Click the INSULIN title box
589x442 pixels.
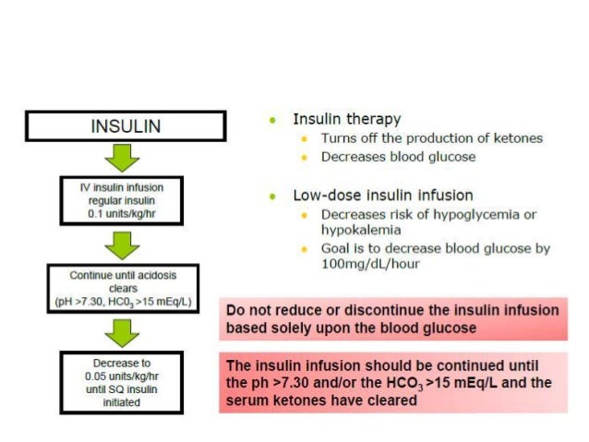(x=126, y=126)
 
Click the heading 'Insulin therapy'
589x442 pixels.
(x=346, y=119)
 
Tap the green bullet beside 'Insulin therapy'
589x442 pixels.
(x=272, y=120)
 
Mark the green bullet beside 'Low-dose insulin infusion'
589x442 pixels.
(x=272, y=197)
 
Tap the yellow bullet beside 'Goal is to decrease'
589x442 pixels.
(x=306, y=250)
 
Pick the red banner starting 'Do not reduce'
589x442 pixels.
(x=393, y=318)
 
